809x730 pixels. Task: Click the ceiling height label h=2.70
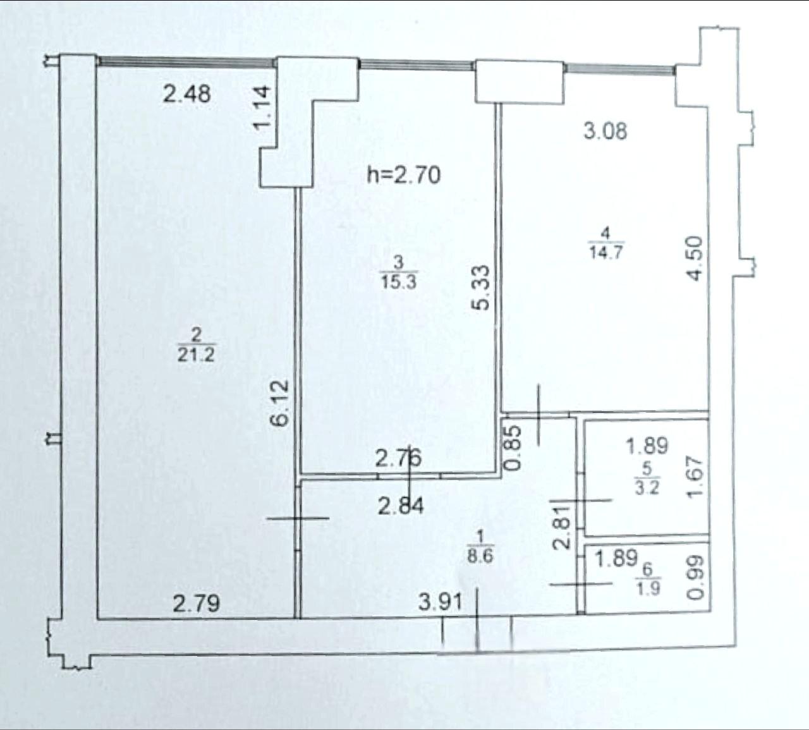(x=404, y=176)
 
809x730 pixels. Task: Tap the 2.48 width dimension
(x=186, y=94)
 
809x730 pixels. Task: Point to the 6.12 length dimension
(x=280, y=403)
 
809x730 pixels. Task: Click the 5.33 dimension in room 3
(x=481, y=287)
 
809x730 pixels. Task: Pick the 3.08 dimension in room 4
(x=605, y=131)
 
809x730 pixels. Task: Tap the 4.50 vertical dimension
(x=695, y=259)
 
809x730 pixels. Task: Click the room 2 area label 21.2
(x=196, y=356)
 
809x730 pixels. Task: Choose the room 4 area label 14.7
(x=606, y=253)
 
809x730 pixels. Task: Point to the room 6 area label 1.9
(x=648, y=589)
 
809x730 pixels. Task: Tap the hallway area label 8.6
(x=480, y=557)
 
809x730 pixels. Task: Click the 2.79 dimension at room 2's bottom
(x=196, y=604)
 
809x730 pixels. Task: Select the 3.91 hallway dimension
(x=440, y=603)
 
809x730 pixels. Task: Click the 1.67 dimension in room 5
(x=695, y=477)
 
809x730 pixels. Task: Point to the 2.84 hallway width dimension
(x=401, y=506)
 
